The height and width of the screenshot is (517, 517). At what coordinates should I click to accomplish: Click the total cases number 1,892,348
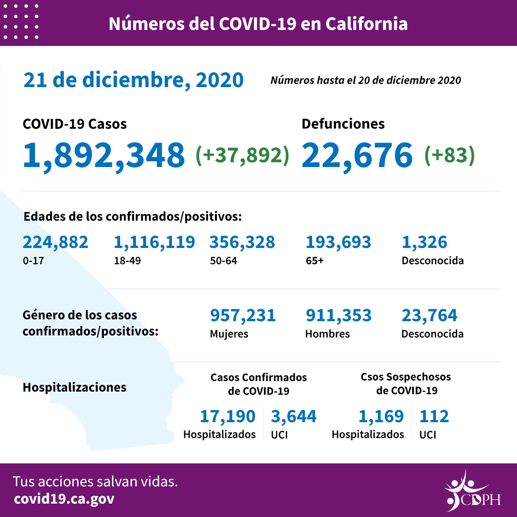click(x=104, y=155)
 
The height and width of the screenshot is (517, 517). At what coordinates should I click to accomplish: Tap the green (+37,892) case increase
click(x=243, y=155)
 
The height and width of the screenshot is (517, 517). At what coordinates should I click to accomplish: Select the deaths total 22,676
click(x=357, y=155)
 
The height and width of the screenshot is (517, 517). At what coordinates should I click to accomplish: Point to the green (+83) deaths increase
click(x=450, y=155)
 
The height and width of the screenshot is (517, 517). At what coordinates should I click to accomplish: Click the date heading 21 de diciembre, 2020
click(x=134, y=80)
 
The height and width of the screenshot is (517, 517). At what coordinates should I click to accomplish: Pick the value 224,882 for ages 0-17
click(x=56, y=242)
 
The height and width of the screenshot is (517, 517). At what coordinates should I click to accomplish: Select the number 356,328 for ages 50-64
click(x=242, y=242)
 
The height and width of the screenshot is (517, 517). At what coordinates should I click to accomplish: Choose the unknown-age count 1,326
click(x=425, y=242)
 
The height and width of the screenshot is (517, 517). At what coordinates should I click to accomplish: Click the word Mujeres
click(x=229, y=334)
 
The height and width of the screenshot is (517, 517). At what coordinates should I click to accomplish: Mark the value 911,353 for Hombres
click(x=338, y=315)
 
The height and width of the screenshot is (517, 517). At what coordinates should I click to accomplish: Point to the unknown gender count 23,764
click(x=429, y=315)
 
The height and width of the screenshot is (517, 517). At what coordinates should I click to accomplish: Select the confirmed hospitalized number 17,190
click(x=227, y=416)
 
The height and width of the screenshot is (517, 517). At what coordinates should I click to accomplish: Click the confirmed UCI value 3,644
click(x=293, y=416)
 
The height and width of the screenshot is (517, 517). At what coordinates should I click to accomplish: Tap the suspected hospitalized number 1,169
click(x=381, y=416)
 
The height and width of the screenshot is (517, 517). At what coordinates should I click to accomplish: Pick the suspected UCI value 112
click(x=434, y=416)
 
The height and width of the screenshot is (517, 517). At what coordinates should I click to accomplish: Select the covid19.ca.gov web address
click(x=64, y=499)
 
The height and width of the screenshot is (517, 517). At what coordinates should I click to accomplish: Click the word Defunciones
click(x=343, y=124)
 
